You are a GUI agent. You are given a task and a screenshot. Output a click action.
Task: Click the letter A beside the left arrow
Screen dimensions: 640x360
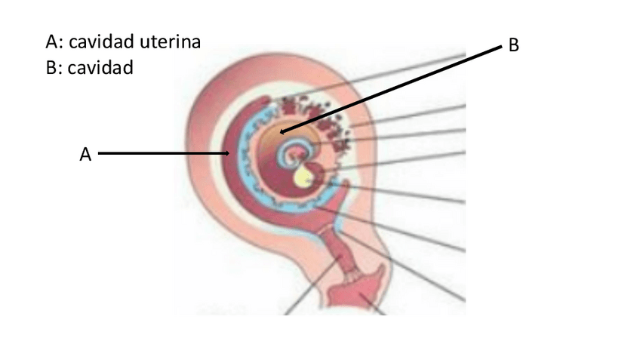[x=85, y=154]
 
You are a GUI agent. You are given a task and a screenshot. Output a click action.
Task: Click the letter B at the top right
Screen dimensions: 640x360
[x=513, y=46]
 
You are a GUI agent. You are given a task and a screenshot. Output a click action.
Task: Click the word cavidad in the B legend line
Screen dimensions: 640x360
[x=100, y=68]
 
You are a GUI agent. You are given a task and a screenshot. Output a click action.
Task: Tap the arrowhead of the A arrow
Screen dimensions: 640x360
[x=228, y=154]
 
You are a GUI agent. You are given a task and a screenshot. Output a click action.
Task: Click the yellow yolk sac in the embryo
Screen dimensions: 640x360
[x=304, y=177]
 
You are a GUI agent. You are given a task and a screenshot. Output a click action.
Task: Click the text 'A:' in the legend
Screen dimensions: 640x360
[x=54, y=42]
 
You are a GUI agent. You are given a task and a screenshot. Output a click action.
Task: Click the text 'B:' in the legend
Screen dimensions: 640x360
[x=54, y=68]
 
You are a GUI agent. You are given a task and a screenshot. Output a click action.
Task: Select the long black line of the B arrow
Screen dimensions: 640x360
[x=392, y=88]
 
